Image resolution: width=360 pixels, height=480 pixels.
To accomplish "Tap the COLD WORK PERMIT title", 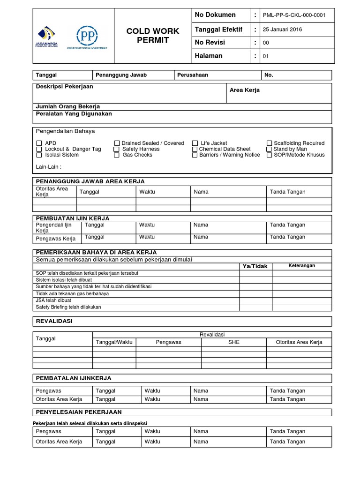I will [x=153, y=36].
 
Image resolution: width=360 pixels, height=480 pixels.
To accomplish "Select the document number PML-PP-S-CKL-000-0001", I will [x=293, y=15].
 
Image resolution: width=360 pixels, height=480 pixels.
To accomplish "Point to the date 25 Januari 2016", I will [x=282, y=30].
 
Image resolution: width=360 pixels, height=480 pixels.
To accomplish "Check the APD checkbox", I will [x=39, y=143].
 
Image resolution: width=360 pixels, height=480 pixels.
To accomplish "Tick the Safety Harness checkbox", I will [x=117, y=149].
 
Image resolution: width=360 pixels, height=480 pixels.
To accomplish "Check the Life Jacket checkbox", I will [x=195, y=143].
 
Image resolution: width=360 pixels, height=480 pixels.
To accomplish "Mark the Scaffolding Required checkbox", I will [x=270, y=143].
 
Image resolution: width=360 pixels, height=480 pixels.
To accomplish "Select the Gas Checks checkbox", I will [x=117, y=155].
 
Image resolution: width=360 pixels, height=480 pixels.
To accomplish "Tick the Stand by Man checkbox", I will [x=270, y=149].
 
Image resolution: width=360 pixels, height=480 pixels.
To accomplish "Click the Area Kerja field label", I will [x=244, y=90].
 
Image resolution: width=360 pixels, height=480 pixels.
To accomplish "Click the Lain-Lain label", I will [x=49, y=167].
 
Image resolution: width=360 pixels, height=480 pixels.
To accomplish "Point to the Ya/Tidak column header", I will [x=255, y=266].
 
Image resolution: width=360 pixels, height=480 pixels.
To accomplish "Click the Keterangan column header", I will [x=302, y=266].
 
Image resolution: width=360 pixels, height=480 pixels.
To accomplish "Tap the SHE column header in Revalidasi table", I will [x=233, y=342].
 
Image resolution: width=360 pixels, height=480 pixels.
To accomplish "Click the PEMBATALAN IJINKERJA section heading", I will [x=74, y=378].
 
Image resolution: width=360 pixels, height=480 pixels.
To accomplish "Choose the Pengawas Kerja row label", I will [x=56, y=239].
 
